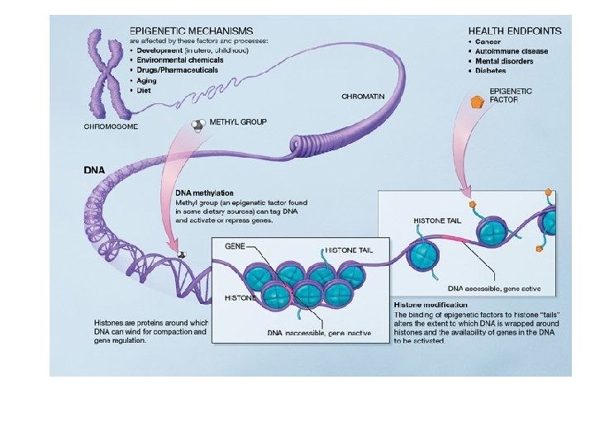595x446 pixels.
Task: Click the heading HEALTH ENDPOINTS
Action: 515,31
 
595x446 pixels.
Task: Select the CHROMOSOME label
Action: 112,127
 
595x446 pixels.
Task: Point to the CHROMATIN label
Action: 363,97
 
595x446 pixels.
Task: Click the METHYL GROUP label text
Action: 238,121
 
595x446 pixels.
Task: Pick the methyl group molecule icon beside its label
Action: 198,125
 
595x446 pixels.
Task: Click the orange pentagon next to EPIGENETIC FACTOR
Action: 477,102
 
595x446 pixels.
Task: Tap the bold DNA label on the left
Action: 94,169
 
